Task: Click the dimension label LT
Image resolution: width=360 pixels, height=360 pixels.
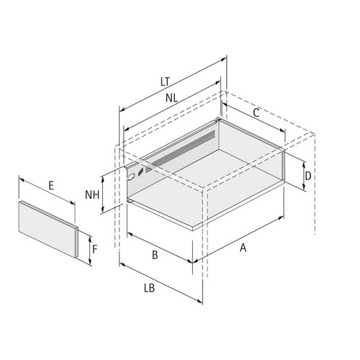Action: click(165, 81)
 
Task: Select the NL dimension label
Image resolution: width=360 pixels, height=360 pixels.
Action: click(171, 98)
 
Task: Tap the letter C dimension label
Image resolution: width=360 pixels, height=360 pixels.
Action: click(256, 112)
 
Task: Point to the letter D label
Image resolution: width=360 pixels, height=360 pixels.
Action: click(308, 176)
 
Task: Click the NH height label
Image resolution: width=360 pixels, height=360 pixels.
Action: click(92, 194)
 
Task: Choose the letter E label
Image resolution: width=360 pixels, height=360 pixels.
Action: click(51, 186)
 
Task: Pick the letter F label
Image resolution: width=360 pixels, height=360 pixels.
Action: click(95, 249)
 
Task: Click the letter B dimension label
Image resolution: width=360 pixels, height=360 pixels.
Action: click(155, 255)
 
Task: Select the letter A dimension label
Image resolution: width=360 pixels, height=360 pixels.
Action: click(243, 248)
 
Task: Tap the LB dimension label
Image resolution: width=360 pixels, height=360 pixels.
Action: click(149, 288)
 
